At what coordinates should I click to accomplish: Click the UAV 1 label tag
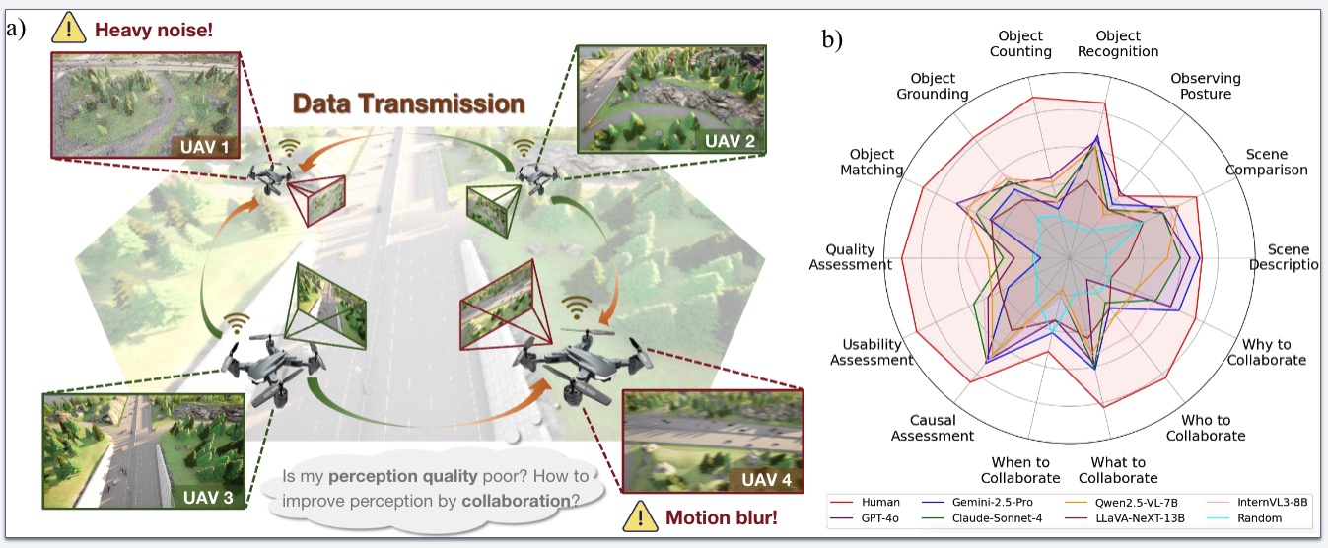pos(204,148)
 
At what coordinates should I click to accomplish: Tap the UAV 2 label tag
pos(729,141)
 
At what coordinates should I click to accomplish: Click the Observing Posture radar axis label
pos(1205,86)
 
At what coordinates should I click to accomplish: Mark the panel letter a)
pos(16,28)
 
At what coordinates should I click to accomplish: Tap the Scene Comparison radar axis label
pos(1266,162)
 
